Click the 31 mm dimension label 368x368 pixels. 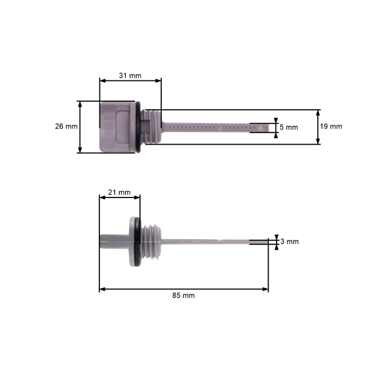130,76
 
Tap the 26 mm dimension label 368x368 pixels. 66,126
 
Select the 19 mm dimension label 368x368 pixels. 332,126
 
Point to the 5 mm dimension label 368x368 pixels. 288,127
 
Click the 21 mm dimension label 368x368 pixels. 119,193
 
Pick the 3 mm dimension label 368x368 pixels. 289,242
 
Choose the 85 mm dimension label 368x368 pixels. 183,295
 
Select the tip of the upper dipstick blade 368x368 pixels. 261,127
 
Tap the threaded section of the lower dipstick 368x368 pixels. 151,241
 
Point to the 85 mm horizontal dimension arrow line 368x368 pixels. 183,289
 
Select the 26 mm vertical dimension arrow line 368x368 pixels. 80,127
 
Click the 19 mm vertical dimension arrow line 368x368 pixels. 318,127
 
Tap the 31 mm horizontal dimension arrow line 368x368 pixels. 130,81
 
